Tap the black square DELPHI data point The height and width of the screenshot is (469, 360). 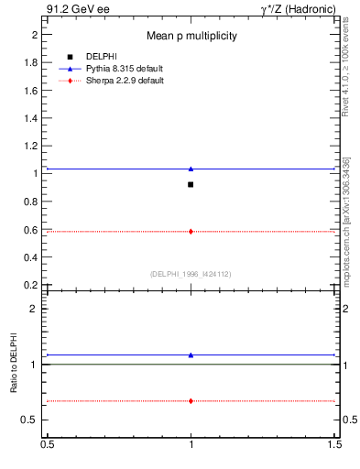click(x=191, y=184)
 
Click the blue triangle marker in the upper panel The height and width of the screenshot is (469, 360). click(x=191, y=169)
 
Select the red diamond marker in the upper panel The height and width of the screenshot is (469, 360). click(x=191, y=232)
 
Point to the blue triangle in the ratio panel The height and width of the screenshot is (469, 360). click(x=191, y=354)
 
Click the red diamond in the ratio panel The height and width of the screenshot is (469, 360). click(x=191, y=401)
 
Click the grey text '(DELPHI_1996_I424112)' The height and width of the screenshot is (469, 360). click(x=191, y=274)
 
